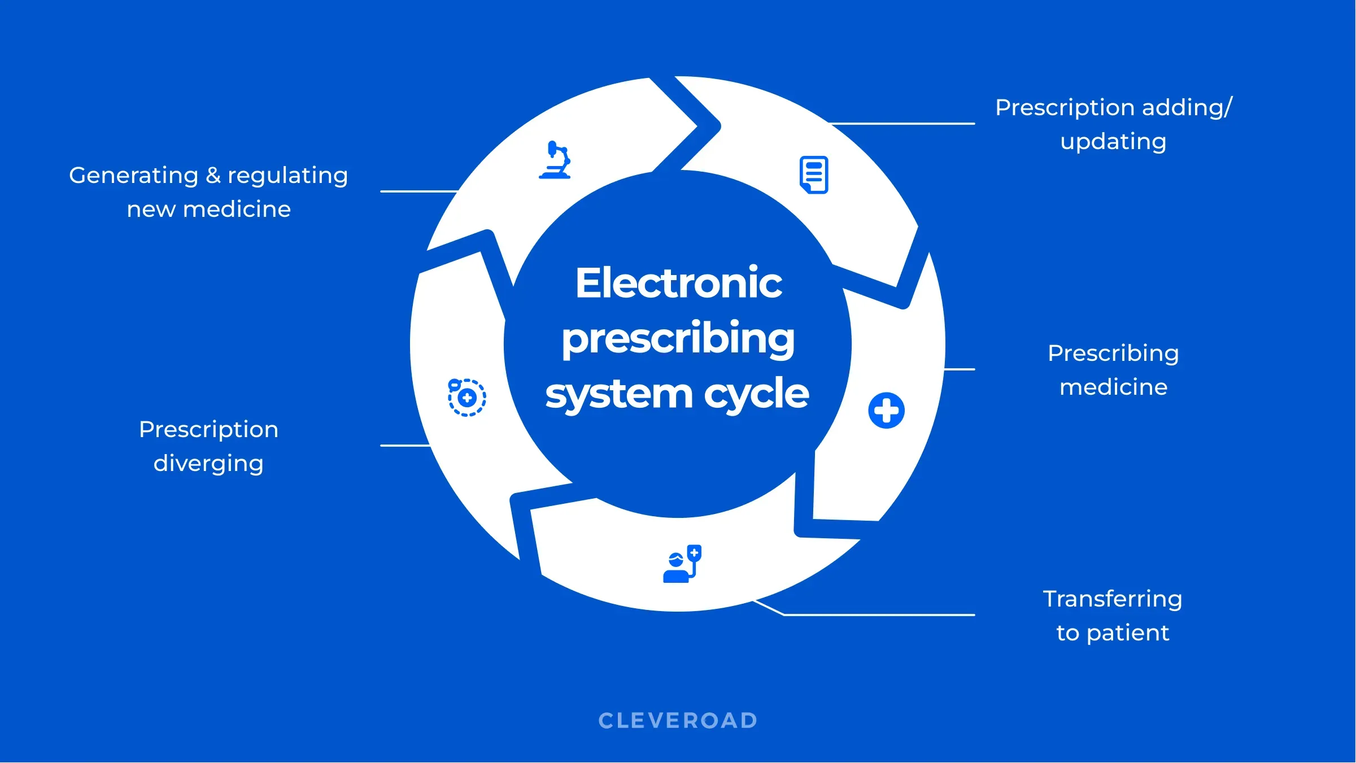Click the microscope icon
click(x=555, y=160)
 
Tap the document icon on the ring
click(x=814, y=175)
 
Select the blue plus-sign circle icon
click(x=886, y=411)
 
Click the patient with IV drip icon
click(x=682, y=564)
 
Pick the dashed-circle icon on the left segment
click(x=467, y=398)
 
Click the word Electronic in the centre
click(x=678, y=283)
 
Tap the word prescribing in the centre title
click(x=678, y=338)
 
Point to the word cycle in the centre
click(x=756, y=394)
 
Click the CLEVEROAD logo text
click(x=678, y=721)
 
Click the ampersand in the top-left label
click(x=213, y=176)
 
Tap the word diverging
click(x=208, y=464)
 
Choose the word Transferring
click(x=1112, y=599)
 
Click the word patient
click(x=1127, y=633)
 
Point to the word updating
click(x=1113, y=141)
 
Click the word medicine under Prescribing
click(x=1113, y=387)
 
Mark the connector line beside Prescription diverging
click(x=405, y=446)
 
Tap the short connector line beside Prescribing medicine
click(x=959, y=369)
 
